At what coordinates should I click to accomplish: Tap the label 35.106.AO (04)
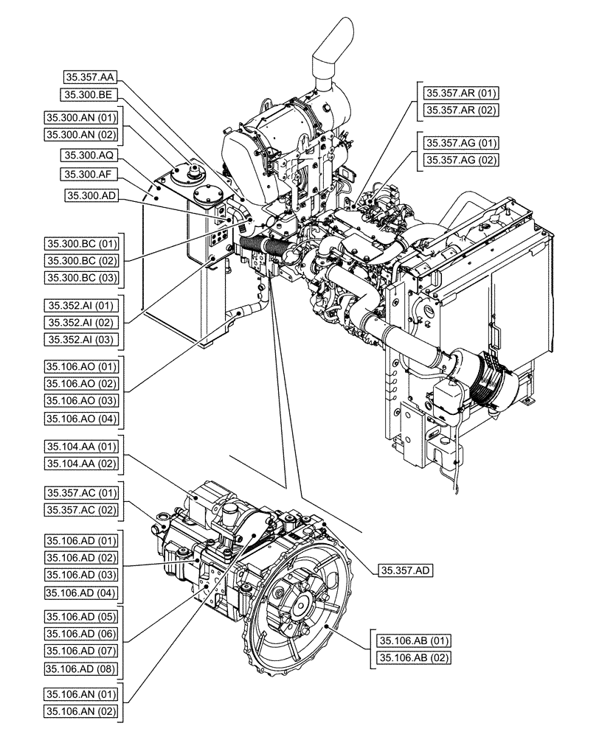click(x=80, y=419)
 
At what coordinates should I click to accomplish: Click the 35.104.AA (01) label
click(x=80, y=446)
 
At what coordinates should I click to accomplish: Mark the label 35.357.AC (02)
click(x=80, y=509)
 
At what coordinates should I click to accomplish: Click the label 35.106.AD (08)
click(x=80, y=668)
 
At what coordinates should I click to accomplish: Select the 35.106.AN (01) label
click(x=80, y=694)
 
